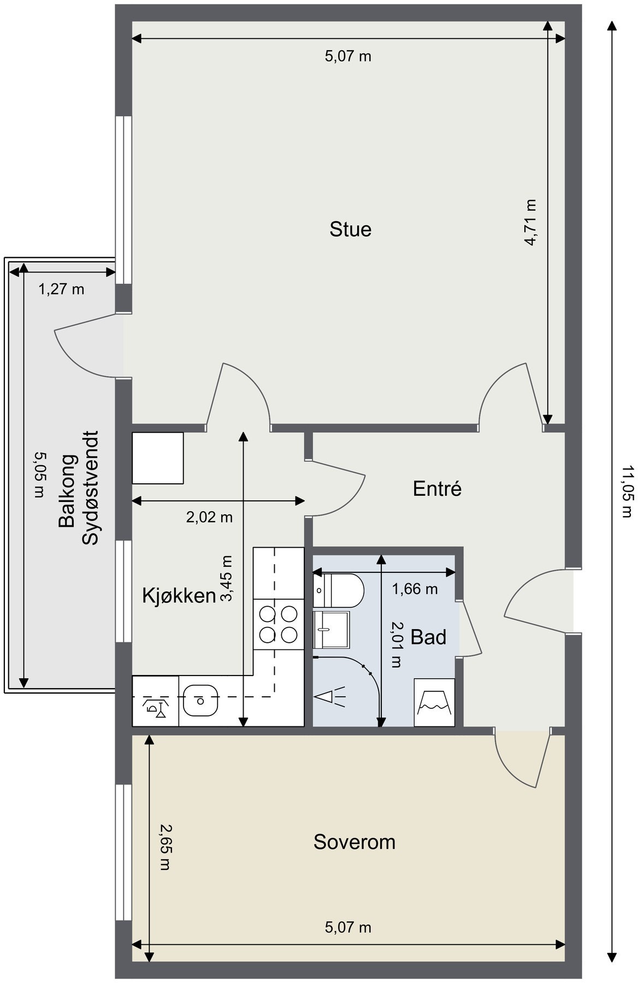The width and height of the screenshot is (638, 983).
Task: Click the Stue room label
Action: tap(350, 229)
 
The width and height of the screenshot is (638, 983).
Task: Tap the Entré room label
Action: tap(437, 488)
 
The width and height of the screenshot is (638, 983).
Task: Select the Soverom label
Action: tap(354, 842)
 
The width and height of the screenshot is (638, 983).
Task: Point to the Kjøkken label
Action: tap(179, 596)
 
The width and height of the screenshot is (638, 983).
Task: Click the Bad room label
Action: tap(428, 637)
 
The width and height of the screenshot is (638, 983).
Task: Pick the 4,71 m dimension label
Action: tap(530, 222)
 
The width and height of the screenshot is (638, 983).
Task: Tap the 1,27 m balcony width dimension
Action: tap(61, 289)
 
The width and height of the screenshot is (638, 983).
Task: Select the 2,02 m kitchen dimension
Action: tap(209, 517)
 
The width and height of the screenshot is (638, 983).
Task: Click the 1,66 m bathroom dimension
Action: tap(415, 589)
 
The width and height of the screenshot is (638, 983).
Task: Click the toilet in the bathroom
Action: tap(338, 590)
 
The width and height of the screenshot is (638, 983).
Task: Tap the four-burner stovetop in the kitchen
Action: tap(279, 624)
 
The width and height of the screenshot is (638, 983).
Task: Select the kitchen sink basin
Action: tap(199, 700)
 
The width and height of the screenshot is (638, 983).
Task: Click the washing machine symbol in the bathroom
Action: tap(434, 702)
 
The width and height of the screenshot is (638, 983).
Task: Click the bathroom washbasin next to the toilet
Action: tap(331, 629)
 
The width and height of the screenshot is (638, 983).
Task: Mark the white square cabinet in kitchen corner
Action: tap(158, 458)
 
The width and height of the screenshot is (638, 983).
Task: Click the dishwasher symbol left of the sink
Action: tap(156, 701)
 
